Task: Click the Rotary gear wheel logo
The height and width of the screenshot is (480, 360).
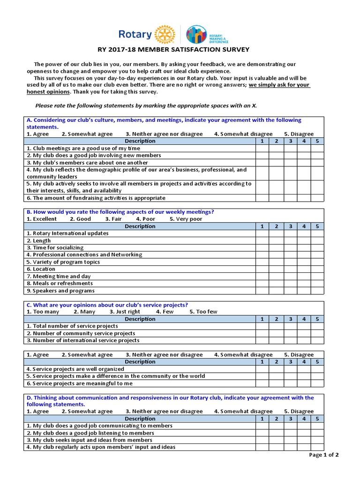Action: coord(165,34)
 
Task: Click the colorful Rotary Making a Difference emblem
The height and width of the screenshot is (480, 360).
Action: coord(196,35)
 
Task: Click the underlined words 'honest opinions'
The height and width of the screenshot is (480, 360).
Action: coord(45,92)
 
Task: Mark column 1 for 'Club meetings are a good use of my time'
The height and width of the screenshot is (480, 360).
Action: coord(262,148)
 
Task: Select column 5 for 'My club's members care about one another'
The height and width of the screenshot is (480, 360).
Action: coord(317,163)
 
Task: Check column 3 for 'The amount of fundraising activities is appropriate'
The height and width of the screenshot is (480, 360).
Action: coord(290,198)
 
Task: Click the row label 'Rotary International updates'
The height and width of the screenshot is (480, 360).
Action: coord(67,233)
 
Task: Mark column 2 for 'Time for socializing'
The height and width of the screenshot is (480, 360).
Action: coord(277,247)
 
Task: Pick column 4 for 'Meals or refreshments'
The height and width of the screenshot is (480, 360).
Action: coord(304,283)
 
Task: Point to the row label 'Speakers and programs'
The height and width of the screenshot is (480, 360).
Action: coord(60,291)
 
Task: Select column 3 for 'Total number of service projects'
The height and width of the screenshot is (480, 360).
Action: coord(290,326)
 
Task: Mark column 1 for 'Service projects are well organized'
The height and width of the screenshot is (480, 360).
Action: coord(262,369)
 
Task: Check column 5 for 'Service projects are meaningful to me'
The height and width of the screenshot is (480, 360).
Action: coord(317,383)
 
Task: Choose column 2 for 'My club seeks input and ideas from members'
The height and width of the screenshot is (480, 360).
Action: coord(277,440)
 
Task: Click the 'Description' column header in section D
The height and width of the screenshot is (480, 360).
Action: coord(140,419)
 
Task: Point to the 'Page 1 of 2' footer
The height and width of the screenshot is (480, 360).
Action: coord(324,455)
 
